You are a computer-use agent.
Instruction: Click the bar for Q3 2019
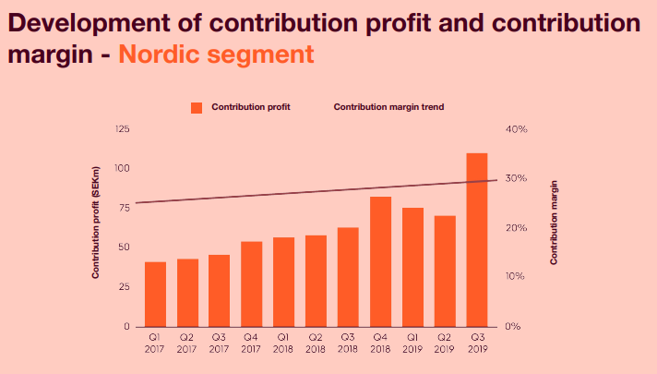coord(477,240)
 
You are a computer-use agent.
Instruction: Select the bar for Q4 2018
coord(380,261)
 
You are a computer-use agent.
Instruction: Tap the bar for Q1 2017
coord(155,295)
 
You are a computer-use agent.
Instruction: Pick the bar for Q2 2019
coord(445,271)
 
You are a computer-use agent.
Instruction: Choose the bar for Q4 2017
coord(252,284)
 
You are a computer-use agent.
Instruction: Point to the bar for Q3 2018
coord(348,277)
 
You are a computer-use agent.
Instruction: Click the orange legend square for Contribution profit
coord(197,108)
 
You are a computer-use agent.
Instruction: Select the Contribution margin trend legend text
coord(388,107)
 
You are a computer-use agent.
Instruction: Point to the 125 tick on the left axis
coord(123,128)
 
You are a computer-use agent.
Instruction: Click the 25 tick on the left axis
coord(124,287)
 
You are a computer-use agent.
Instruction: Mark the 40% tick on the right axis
coord(516,129)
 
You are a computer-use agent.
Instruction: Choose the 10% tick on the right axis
coord(515,276)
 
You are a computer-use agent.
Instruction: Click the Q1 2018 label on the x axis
coord(283,343)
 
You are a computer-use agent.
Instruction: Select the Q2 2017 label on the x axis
coord(187,343)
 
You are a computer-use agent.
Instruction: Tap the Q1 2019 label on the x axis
coord(412,343)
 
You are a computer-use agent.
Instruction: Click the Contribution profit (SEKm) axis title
coord(96,223)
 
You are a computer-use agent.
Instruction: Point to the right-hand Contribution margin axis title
coord(554,223)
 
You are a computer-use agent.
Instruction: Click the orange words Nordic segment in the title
coord(216,54)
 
